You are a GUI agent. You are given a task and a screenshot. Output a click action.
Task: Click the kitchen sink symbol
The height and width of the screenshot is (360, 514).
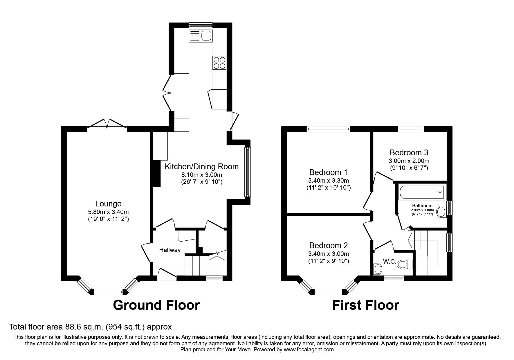[x=201, y=36]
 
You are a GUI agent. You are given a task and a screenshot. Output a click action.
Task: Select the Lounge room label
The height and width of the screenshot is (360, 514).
[x=108, y=204]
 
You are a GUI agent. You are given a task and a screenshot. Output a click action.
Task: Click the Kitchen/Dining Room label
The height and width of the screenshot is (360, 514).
[x=202, y=167]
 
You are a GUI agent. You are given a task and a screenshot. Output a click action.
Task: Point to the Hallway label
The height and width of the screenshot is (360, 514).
[x=170, y=250]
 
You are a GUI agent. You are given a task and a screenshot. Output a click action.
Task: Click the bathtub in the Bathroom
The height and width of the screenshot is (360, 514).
[x=422, y=192]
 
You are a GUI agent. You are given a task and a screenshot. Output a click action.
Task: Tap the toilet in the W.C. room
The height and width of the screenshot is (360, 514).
[x=405, y=264]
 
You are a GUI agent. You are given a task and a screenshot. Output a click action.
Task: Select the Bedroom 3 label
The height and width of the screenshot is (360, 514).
[x=409, y=152]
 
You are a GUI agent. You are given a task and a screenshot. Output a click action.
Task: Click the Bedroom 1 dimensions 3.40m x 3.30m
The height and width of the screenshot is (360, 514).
[x=329, y=181]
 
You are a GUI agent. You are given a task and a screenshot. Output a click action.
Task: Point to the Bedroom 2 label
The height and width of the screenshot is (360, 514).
[x=329, y=245]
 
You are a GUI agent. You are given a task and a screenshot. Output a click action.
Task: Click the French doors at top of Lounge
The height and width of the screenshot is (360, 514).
[x=107, y=123]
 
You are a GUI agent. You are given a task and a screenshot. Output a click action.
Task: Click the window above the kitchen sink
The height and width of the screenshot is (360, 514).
[x=200, y=25]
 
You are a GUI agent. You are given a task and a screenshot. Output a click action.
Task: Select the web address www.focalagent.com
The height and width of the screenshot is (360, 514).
[x=309, y=350]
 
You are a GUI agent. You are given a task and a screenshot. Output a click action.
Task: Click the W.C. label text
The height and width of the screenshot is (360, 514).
[x=389, y=262]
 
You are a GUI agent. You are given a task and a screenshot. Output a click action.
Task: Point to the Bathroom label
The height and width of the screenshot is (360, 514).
[x=422, y=206]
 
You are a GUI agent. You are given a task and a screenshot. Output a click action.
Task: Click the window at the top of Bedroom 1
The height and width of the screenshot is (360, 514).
[x=329, y=129]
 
